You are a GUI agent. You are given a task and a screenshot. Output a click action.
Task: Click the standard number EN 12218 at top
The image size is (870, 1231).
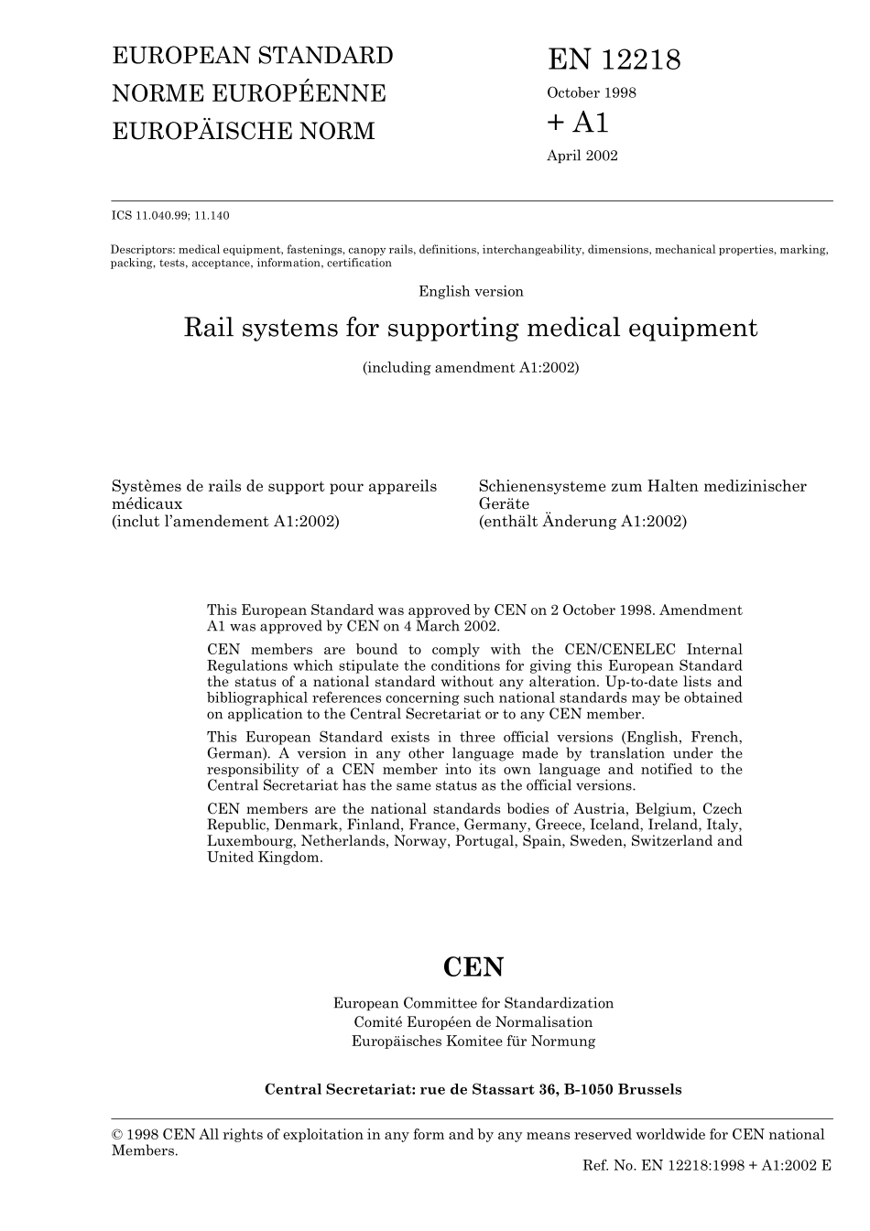pos(614,60)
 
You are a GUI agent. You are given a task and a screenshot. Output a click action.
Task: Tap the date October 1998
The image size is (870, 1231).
pos(591,92)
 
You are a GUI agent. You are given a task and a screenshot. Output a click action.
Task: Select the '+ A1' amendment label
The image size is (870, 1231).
pos(578,122)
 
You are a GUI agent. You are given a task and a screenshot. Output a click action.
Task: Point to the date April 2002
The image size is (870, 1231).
pos(582,156)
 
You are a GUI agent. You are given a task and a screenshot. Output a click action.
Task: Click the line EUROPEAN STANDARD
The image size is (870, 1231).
pos(252,56)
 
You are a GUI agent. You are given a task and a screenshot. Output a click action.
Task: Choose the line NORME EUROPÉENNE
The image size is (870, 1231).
pos(248,93)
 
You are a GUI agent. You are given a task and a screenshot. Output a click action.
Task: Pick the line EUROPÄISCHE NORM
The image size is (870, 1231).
pos(243,131)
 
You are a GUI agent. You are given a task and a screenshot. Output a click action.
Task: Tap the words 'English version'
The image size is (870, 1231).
pos(471,292)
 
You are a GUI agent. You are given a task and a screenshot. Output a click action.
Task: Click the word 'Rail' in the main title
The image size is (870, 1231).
pos(210,328)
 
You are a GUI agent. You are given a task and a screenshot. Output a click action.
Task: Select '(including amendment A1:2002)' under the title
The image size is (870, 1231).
pos(471,368)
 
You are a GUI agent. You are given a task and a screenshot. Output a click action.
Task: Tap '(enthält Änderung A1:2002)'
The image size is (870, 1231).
pos(582,522)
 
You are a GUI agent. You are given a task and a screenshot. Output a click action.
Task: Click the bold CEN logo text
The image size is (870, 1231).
pos(473,967)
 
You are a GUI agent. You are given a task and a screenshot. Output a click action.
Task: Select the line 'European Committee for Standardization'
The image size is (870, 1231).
pos(473,1003)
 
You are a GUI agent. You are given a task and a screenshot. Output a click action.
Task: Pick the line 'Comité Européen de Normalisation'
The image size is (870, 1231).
pos(473,1022)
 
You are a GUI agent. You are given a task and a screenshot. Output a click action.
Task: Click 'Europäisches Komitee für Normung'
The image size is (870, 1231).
pos(473,1042)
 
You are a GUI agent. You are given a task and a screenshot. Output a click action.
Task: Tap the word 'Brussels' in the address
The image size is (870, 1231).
pos(649,1089)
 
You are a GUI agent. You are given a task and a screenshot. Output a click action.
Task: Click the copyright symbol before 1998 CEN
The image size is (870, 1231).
pos(117,1135)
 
